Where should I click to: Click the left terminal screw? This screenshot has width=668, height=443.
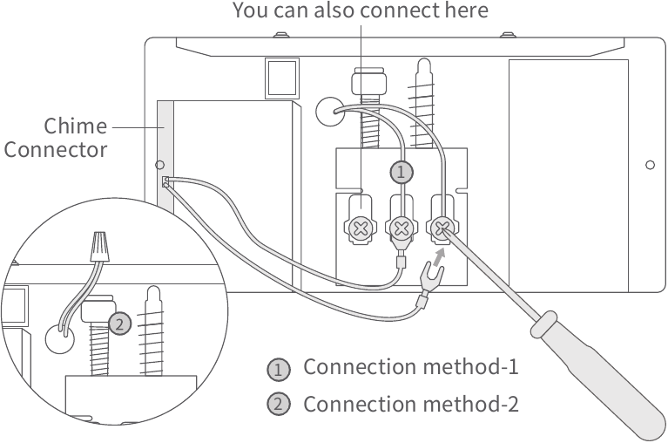(360, 229)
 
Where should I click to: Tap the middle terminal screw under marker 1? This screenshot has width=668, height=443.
(401, 229)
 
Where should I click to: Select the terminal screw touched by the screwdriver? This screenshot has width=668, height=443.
(442, 229)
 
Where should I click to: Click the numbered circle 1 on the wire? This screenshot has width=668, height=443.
(400, 172)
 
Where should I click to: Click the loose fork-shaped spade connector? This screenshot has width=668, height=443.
(430, 281)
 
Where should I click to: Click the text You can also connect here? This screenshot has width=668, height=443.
(360, 11)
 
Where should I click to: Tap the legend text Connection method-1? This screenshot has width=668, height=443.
(410, 367)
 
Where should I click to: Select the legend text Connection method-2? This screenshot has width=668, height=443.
(410, 406)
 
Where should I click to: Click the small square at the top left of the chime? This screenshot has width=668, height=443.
(280, 77)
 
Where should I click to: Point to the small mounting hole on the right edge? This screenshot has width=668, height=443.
(650, 164)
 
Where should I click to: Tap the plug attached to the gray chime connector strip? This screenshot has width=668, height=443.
(165, 181)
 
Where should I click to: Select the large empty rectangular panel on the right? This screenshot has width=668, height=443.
(567, 174)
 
